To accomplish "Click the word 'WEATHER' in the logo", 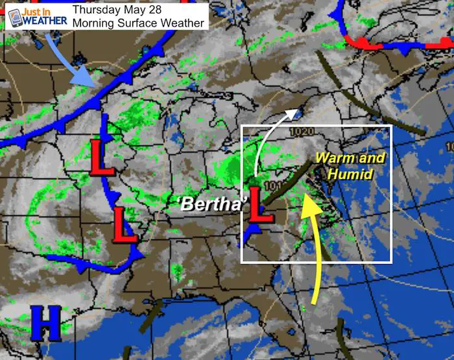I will coord(45,19).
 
